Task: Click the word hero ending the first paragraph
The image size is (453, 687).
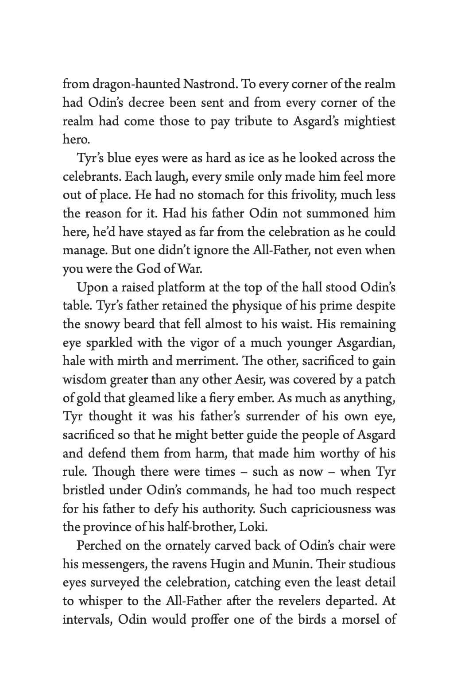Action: tap(75, 140)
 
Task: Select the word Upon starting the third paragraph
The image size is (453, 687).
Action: tap(92, 288)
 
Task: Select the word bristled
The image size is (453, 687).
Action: tap(84, 490)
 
